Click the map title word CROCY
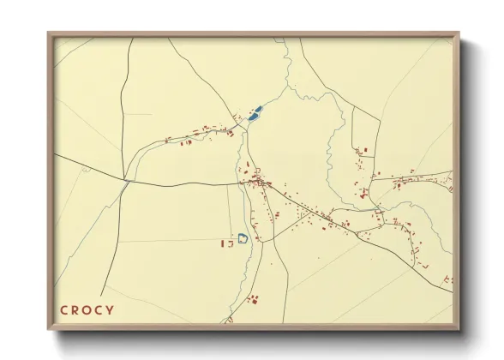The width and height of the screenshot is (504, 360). click(87, 309)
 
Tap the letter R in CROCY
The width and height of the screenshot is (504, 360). click(75, 309)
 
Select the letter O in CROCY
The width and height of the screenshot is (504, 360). click(87, 309)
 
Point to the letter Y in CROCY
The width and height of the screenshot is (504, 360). click(110, 309)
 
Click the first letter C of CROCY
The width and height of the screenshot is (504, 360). click(63, 309)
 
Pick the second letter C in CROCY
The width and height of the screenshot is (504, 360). click(99, 309)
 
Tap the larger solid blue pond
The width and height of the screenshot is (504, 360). click(257, 110)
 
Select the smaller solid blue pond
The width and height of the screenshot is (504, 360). click(250, 117)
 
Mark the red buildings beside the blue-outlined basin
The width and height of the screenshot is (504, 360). click(227, 243)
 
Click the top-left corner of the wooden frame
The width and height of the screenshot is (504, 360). click(49, 34)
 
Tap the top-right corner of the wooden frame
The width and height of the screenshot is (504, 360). click(459, 34)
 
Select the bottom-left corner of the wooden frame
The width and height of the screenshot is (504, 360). click(49, 329)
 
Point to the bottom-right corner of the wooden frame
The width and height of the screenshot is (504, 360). click(459, 329)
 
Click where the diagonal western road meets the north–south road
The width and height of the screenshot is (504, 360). click(126, 180)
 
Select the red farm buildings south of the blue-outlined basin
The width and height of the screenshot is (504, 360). click(252, 298)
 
